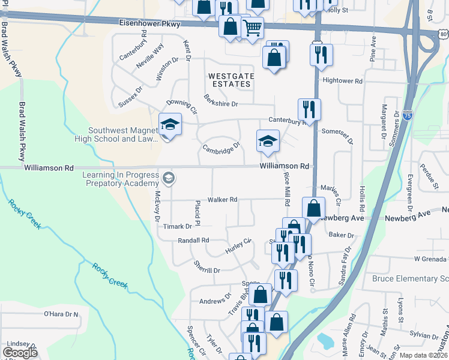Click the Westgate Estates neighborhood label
[231, 80]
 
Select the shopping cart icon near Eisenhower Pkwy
[253, 27]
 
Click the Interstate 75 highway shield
[408, 118]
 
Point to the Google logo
[20, 353]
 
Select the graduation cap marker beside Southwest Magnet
[170, 125]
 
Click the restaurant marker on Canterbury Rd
[309, 109]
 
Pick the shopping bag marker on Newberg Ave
[313, 208]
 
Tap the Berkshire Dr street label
[221, 101]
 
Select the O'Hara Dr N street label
[61, 314]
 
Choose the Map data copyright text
[423, 355]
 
